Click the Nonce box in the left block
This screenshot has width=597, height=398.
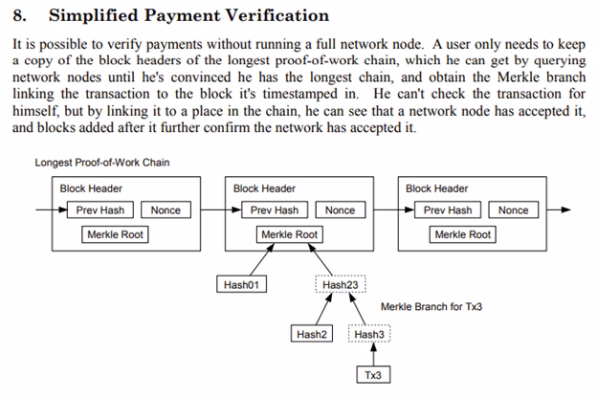click(x=166, y=210)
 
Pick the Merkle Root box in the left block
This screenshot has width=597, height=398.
click(x=116, y=234)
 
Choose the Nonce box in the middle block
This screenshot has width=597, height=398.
click(x=339, y=210)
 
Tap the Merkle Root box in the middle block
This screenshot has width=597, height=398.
click(x=290, y=234)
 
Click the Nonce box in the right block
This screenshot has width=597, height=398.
click(x=513, y=210)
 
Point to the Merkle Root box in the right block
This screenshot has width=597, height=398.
click(x=463, y=234)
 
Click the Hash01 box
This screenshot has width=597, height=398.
click(x=242, y=285)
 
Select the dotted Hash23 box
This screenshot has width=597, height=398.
click(x=341, y=285)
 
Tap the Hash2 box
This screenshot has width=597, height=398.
click(x=312, y=335)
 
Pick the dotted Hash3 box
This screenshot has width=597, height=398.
click(x=369, y=335)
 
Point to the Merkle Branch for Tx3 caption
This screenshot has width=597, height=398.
click(x=430, y=307)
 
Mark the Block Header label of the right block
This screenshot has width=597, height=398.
click(x=437, y=188)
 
